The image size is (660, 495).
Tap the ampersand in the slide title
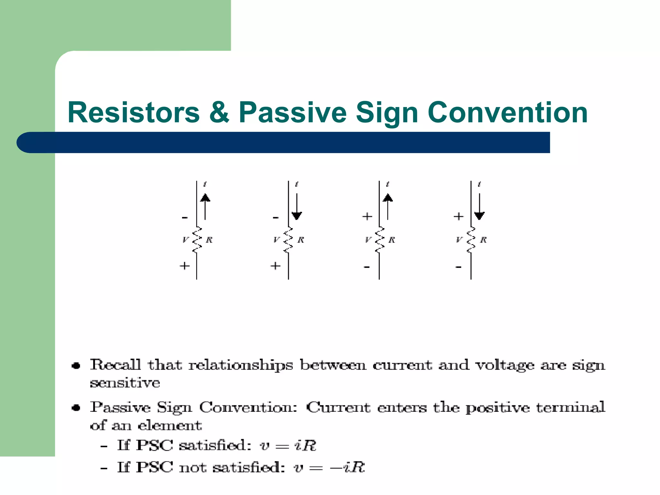(219, 112)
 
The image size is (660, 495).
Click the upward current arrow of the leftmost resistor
(205, 206)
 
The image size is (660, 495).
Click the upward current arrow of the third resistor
(388, 206)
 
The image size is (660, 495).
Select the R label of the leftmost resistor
(209, 240)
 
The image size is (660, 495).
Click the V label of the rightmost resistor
(459, 240)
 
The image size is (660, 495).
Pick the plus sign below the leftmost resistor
(185, 266)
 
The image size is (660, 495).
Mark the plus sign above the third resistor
(367, 216)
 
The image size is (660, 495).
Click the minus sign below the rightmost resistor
(459, 267)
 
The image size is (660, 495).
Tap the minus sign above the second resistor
(276, 218)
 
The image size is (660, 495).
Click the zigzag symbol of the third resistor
(380, 240)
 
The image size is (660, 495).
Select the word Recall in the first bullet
(115, 364)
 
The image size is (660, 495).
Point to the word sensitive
(125, 383)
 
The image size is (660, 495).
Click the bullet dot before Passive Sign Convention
(76, 408)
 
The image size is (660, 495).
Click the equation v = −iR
(329, 467)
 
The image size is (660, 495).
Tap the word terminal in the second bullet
(570, 407)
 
